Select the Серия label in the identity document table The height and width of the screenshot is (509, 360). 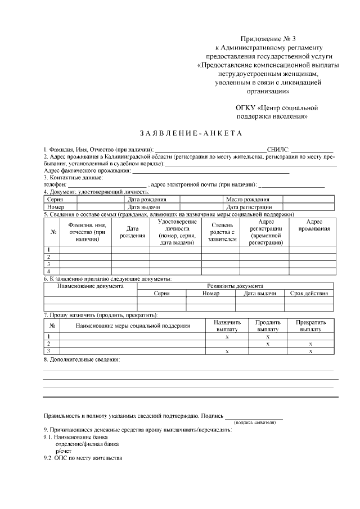[x=55, y=199]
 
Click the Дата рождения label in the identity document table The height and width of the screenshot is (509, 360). [x=147, y=199]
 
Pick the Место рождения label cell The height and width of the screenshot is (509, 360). [x=247, y=199]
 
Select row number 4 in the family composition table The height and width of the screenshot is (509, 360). [x=49, y=271]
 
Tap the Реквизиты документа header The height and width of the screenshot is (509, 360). [x=235, y=286]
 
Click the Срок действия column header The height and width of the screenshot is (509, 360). [x=309, y=294]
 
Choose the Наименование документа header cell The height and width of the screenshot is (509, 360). [x=91, y=286]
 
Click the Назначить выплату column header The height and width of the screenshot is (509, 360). [x=227, y=326]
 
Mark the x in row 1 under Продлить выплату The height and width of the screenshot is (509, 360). [x=268, y=336]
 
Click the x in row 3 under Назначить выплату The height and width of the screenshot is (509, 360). [x=227, y=351]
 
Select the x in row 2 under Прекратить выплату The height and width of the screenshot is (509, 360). [x=310, y=344]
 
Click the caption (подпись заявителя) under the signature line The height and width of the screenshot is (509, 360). [x=254, y=421]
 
